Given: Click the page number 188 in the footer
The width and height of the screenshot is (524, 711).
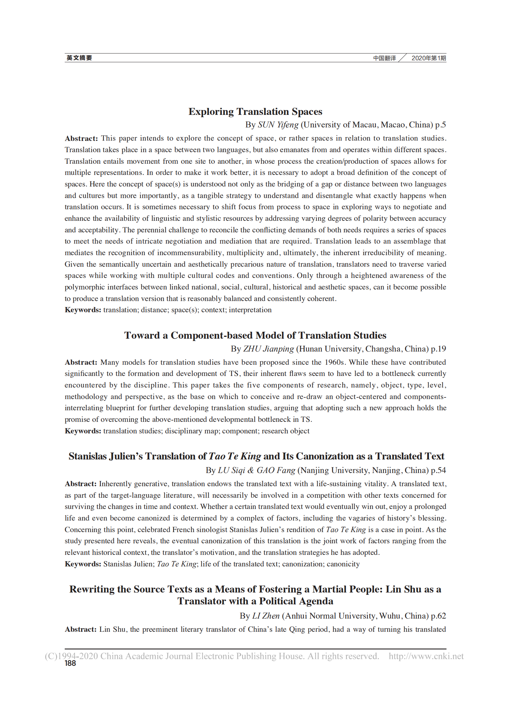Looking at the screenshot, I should [70, 663].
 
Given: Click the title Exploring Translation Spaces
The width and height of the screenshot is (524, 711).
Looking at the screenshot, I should [255, 112].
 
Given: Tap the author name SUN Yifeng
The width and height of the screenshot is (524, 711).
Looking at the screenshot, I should [278, 125].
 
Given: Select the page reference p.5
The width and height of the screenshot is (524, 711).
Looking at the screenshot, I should [440, 125].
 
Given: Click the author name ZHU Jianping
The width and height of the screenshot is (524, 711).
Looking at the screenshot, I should [268, 349].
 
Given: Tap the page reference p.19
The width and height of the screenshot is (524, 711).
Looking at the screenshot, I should [438, 349].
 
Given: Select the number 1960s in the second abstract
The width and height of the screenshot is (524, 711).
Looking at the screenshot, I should [335, 362].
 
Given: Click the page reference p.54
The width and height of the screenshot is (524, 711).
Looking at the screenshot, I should [438, 470].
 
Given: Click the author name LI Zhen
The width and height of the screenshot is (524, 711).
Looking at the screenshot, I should [266, 616].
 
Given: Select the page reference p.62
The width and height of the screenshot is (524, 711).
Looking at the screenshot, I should [438, 616].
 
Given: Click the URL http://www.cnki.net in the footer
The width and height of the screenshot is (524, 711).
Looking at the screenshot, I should [426, 656].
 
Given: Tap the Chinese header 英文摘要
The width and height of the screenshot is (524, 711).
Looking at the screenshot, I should [79, 58].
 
